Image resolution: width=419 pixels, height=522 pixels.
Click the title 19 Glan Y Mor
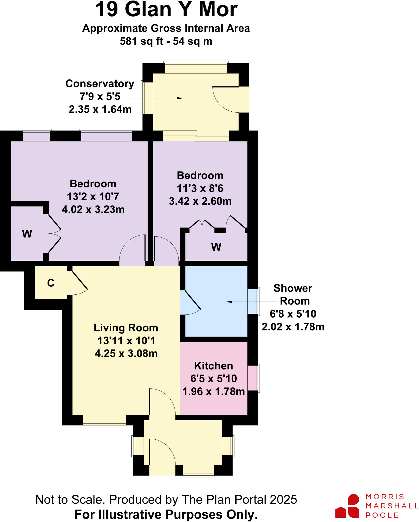click(x=166, y=10)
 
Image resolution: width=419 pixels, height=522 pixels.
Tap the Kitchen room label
click(x=213, y=366)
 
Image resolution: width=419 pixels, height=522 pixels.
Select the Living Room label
click(x=126, y=328)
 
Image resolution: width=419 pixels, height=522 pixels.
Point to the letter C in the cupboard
click(x=51, y=283)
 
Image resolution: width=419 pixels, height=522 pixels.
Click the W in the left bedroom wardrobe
click(x=27, y=234)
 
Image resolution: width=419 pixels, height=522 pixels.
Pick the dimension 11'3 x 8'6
click(x=200, y=188)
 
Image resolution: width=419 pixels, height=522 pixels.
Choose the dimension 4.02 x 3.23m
click(x=93, y=210)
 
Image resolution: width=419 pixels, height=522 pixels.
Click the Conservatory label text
click(x=100, y=84)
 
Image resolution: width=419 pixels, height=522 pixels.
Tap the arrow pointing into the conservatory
click(x=178, y=98)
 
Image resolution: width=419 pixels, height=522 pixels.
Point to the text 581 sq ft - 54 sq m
click(x=166, y=41)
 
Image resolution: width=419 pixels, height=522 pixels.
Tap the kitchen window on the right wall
click(x=253, y=378)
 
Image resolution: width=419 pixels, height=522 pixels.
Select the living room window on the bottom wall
click(x=104, y=420)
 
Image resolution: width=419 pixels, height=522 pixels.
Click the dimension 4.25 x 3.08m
click(x=126, y=354)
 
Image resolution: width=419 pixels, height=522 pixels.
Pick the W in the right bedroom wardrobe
click(x=216, y=247)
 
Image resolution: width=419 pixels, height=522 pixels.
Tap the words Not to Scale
click(x=70, y=500)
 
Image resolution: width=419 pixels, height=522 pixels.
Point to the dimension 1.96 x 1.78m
click(x=213, y=391)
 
